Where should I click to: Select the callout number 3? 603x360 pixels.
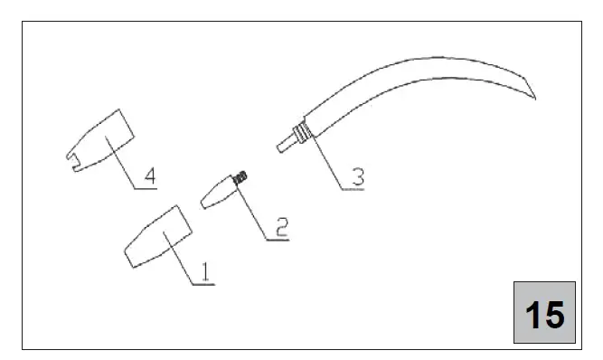click(x=358, y=176)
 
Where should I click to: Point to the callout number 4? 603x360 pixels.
click(x=150, y=175)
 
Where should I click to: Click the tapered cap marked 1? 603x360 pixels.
click(x=158, y=237)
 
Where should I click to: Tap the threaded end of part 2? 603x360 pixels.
click(x=242, y=179)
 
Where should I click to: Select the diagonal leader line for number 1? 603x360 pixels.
click(x=180, y=259)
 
